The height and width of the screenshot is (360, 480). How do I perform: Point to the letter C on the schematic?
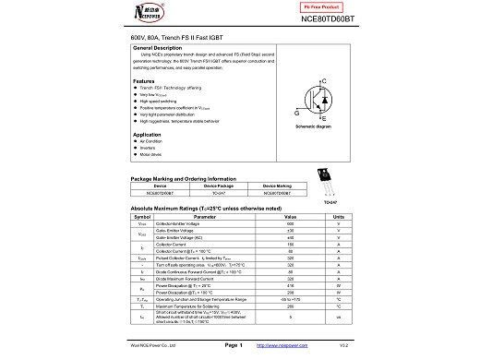click(x=323, y=83)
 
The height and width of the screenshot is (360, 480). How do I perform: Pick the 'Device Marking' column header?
click(x=277, y=186)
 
